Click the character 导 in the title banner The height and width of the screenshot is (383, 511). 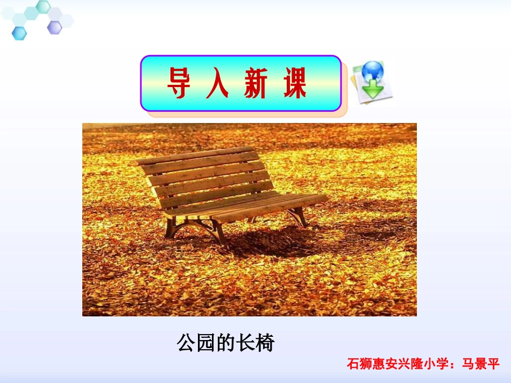[178, 84]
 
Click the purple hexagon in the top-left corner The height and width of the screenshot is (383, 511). [54, 27]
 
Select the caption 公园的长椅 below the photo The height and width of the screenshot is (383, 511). [225, 343]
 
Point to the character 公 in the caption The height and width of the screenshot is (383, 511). [186, 343]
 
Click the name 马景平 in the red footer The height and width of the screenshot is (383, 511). [480, 364]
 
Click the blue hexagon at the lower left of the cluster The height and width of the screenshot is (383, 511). [19, 33]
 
